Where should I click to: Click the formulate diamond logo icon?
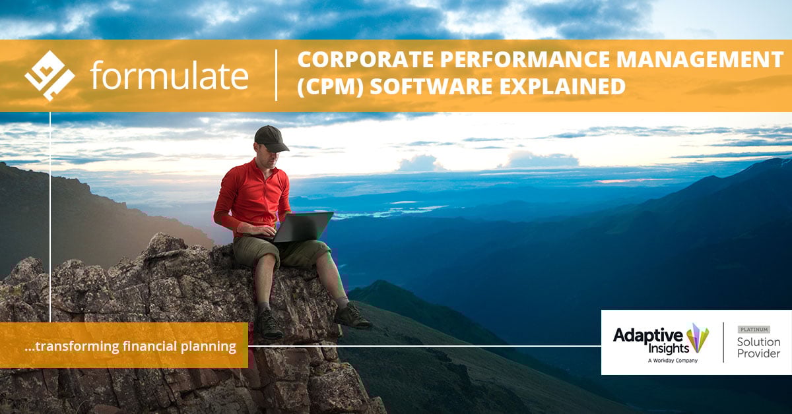click(49, 75)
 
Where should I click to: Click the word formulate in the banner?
click(170, 76)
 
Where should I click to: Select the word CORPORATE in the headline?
click(354, 60)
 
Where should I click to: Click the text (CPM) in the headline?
click(324, 86)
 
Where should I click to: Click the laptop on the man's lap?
click(302, 227)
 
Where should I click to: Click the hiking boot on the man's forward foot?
click(352, 317)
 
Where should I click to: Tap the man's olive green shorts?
click(277, 252)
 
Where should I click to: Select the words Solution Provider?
click(758, 347)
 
